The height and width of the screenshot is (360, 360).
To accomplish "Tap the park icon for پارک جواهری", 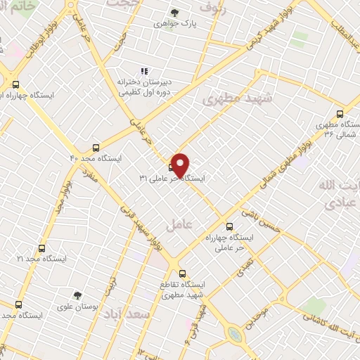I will click(x=175, y=12).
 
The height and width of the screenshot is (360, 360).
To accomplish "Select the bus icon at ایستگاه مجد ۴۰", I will click(x=96, y=148).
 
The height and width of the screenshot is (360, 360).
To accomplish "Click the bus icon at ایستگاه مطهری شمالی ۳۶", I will click(x=340, y=114).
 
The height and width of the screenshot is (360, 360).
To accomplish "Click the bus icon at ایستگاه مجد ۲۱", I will click(x=41, y=248).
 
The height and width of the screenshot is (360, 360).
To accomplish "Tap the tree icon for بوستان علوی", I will click(x=78, y=295).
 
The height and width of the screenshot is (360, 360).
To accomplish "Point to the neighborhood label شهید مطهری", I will click(x=231, y=98).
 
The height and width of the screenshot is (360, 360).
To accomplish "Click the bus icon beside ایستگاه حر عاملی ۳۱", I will click(x=173, y=167).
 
